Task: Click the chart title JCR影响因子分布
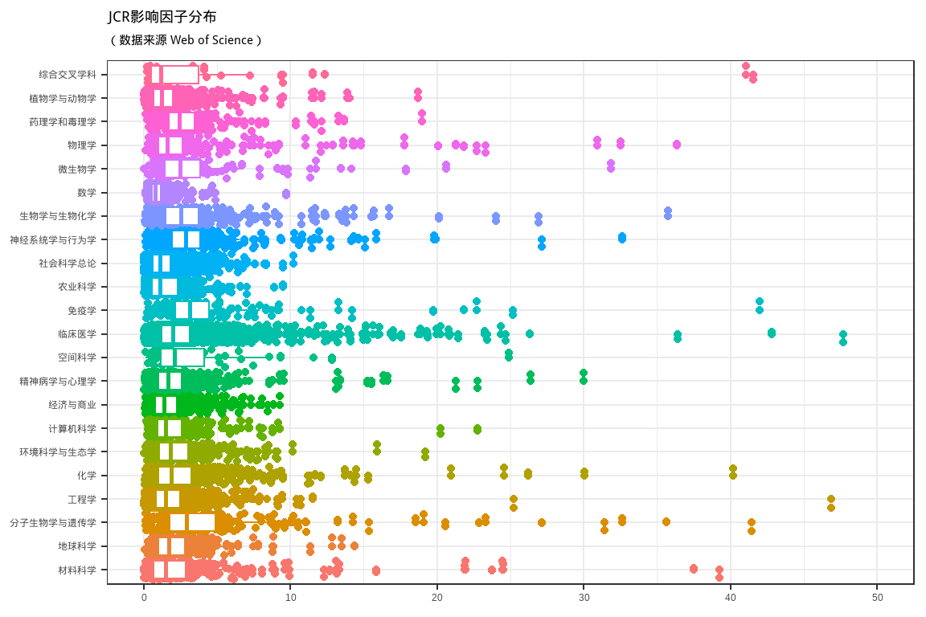pos(162,17)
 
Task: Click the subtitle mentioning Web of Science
pos(185,40)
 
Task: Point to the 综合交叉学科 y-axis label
pos(68,75)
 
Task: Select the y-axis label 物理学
pos(82,145)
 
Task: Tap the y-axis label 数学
pos(87,193)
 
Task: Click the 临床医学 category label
pos(77,334)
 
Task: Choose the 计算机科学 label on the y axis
pos(72,428)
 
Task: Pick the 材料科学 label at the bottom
pos(77,570)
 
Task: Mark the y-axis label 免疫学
pos(82,311)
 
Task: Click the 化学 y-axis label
pos(87,476)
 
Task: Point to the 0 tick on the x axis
pos(144,598)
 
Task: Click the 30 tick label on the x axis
pos(584,598)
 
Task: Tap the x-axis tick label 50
pos(878,598)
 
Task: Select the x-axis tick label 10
pos(291,598)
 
